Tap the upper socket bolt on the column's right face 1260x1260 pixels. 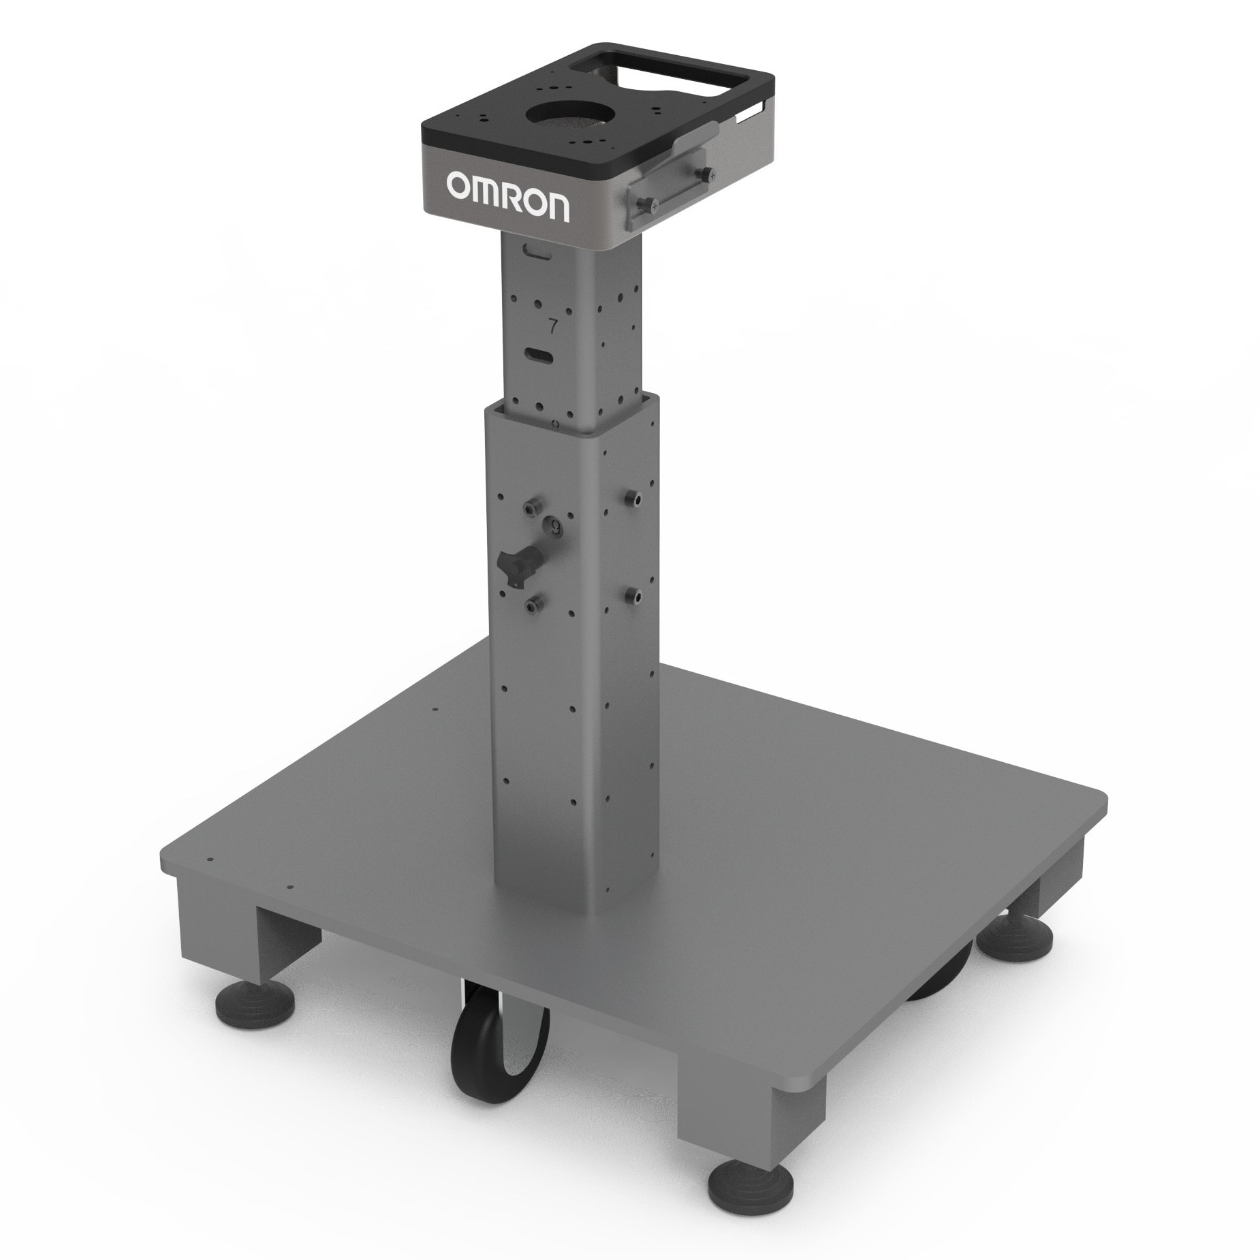point(633,498)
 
